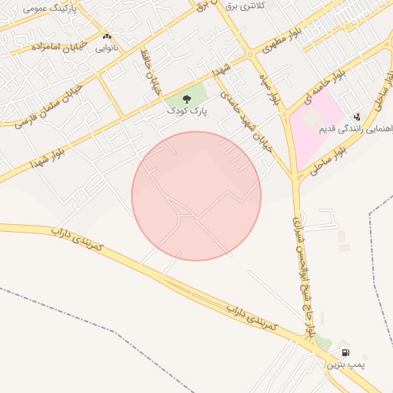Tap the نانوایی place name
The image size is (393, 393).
point(107,48)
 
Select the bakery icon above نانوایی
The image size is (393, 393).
point(107,36)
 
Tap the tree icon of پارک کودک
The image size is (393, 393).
point(187,98)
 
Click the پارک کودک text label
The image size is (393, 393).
point(187,111)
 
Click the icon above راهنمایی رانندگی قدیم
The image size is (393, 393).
point(357,117)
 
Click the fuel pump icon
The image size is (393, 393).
point(345,352)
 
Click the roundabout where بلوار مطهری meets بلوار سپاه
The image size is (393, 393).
point(250,54)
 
